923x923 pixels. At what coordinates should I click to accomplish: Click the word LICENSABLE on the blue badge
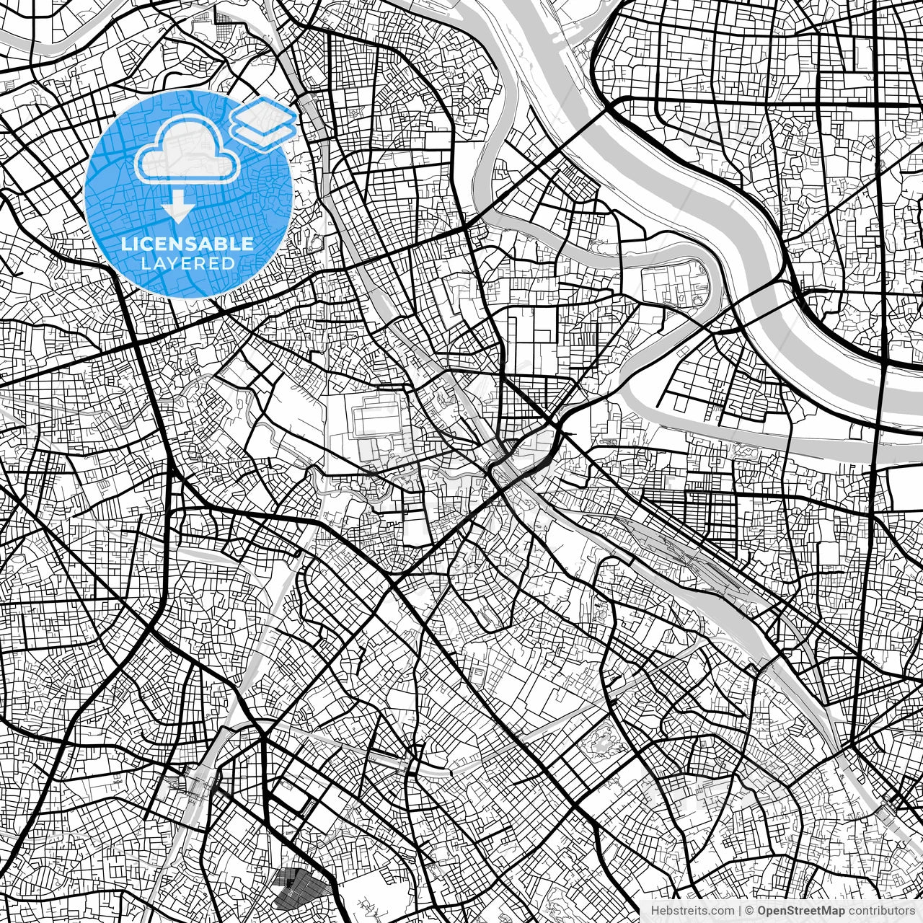coord(187,244)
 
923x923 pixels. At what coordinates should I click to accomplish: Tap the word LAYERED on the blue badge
coord(187,264)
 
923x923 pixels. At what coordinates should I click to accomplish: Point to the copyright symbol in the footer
coord(750,910)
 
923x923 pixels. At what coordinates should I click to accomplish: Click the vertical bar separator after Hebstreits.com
coord(741,910)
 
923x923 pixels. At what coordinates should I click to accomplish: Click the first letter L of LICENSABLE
coord(125,244)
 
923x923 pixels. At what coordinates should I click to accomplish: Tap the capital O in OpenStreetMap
coord(762,910)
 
